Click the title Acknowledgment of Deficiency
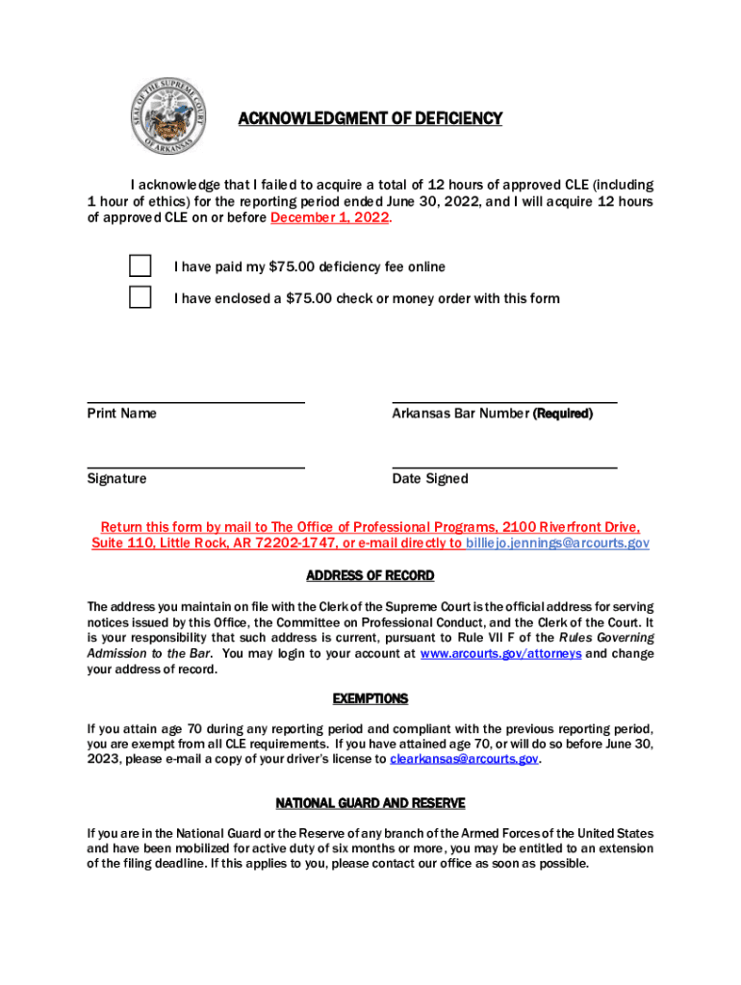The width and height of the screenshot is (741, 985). (x=370, y=119)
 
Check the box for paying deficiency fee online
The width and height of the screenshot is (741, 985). (x=141, y=266)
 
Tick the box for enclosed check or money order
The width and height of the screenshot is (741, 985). (x=141, y=297)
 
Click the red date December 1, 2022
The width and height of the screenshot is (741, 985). (x=330, y=218)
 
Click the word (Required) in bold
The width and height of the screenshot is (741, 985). (x=563, y=414)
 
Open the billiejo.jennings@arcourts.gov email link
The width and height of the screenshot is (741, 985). (x=557, y=543)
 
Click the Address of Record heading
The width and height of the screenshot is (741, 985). (x=370, y=576)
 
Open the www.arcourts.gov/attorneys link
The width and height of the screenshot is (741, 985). (x=500, y=653)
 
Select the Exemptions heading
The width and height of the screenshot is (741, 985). (x=370, y=699)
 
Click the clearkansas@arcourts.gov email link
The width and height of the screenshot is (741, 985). (x=464, y=759)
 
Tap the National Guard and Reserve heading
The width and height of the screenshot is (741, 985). (x=370, y=803)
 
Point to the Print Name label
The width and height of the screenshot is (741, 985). (x=121, y=414)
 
